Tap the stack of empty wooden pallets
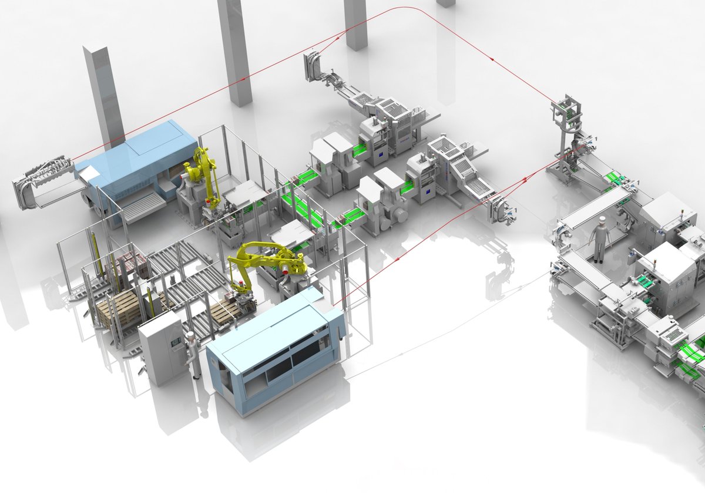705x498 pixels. [120, 308]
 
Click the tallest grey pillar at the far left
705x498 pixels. [105, 97]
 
